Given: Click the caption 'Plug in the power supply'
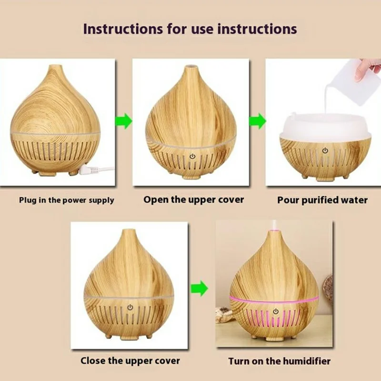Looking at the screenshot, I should pos(67,200).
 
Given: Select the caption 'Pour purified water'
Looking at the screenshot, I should pos(322,200).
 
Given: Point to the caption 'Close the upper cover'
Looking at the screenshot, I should pos(130,361).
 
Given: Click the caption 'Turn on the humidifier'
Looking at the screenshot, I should pos(279,361).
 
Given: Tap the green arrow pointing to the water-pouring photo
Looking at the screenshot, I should pos(258,120).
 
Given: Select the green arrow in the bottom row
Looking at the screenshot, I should pos(199,288).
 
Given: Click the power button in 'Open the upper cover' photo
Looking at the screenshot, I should pos(192,156).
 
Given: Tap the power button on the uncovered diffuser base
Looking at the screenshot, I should pos(324,150).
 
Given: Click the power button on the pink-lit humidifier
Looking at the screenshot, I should pos(275,311).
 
